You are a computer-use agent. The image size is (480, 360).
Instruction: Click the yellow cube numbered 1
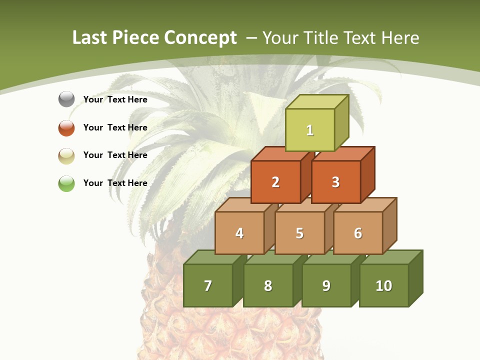tap(310, 130)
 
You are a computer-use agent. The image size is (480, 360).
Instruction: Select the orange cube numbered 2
tap(275, 182)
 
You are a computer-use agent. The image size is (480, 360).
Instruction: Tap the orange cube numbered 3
tap(335, 182)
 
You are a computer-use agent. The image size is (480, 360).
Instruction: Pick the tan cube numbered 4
tap(239, 233)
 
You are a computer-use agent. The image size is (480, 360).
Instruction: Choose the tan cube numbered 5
tap(299, 233)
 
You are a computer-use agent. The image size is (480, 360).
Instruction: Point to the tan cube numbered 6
tap(358, 233)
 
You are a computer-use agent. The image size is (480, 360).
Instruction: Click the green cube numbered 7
tap(208, 285)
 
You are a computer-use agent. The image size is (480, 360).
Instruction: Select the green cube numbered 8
tap(268, 285)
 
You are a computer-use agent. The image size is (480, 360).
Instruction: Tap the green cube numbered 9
tap(326, 285)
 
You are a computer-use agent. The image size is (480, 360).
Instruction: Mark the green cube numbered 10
tap(384, 285)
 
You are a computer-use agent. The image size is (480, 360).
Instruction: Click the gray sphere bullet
tap(66, 99)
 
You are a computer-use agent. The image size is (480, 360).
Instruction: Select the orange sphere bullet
tap(66, 127)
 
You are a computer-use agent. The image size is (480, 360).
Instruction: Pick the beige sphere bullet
tap(66, 155)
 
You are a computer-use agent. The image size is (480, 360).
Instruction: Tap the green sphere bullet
tap(66, 183)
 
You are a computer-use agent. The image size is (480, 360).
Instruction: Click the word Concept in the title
tap(200, 38)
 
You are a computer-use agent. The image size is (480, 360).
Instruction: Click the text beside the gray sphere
tap(115, 99)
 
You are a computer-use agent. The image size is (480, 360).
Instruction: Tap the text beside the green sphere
tap(115, 183)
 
